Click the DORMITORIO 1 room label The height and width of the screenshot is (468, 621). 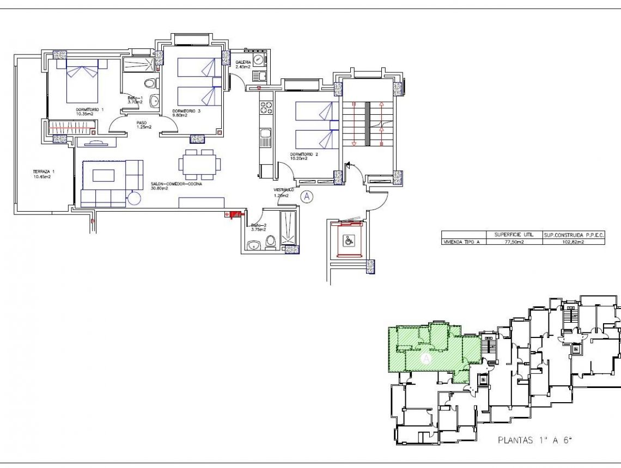(89, 109)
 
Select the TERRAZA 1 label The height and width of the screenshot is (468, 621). (44, 172)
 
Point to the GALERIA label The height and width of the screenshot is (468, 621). (243, 63)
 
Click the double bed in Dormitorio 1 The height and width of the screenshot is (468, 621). (82, 82)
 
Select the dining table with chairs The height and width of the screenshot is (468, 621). (199, 164)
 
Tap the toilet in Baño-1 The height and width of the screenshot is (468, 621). (150, 83)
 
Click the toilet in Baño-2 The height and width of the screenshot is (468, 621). (270, 242)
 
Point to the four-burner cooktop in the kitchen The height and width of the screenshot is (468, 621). (266, 107)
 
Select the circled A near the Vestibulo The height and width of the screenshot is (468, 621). (307, 197)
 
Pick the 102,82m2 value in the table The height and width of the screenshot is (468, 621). (573, 242)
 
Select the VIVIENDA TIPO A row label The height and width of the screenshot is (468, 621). (460, 242)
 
